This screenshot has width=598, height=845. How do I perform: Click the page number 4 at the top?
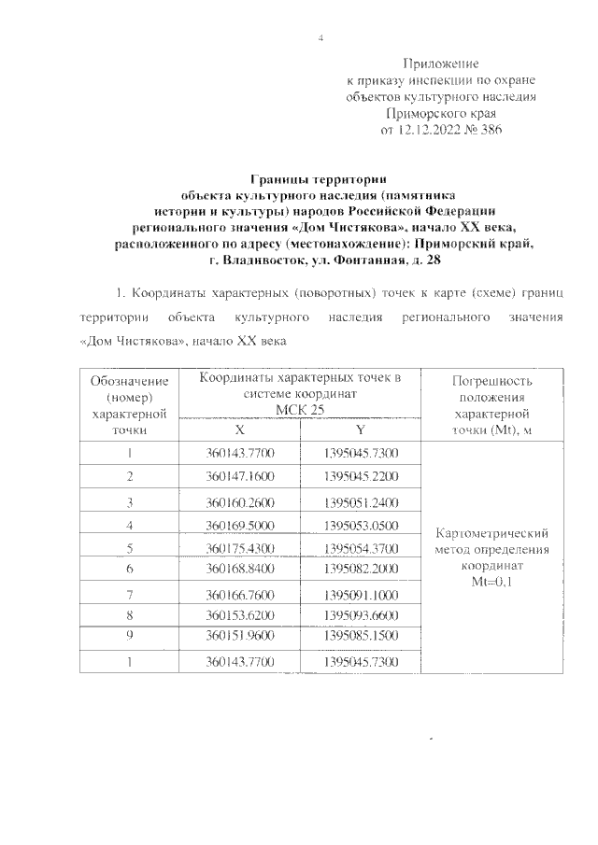click(320, 38)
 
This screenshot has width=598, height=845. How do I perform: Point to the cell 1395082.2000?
click(361, 569)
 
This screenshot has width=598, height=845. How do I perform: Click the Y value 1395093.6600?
click(361, 616)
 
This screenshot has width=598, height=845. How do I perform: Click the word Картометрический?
click(491, 533)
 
